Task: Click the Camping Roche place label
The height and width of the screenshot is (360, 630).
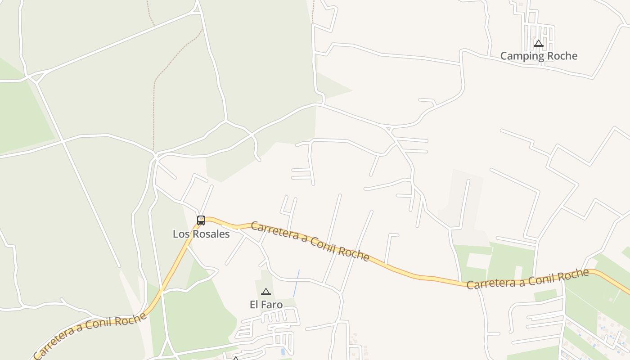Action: tap(539, 56)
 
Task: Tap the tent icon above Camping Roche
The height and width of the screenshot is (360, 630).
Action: tap(539, 44)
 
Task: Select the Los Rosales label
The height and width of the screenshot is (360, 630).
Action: tap(201, 234)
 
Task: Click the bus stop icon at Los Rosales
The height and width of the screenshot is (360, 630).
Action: tap(201, 220)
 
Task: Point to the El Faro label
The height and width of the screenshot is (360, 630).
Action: tap(266, 305)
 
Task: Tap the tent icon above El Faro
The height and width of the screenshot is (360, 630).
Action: tap(266, 292)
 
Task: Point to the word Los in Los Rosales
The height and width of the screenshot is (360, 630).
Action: tap(180, 234)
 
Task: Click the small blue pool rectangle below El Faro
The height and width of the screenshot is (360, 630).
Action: tap(282, 351)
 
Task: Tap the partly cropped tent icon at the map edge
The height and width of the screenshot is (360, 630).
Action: tap(235, 358)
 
